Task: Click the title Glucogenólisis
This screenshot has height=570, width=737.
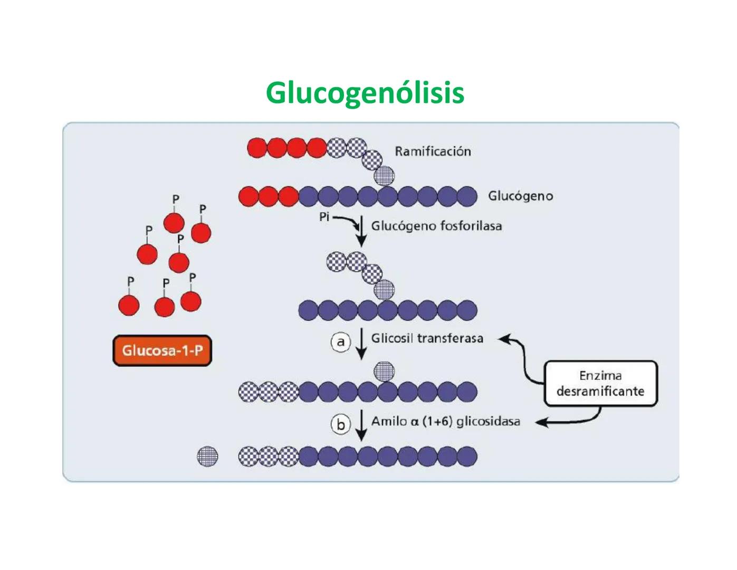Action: (365, 93)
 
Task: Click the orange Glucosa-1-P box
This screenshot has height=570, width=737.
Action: (162, 350)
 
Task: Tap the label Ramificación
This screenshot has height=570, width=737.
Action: (433, 151)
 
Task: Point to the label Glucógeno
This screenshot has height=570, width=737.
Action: (520, 196)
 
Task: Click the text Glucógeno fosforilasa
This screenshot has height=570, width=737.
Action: (436, 226)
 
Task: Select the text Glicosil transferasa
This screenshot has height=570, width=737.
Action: (427, 338)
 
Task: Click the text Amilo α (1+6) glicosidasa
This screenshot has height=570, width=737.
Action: (445, 421)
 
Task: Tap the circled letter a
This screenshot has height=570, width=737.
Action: (341, 343)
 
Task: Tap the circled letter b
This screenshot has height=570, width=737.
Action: (341, 424)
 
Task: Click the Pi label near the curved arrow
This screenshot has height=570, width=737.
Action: (324, 217)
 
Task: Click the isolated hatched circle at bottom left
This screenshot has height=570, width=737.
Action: (207, 456)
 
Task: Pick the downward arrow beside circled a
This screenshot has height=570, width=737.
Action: (361, 344)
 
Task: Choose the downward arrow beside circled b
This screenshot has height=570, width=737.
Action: (361, 425)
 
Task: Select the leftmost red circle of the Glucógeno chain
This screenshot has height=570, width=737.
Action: (248, 196)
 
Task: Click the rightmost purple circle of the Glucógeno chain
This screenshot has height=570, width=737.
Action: (466, 196)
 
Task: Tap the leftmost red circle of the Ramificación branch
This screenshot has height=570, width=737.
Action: (257, 148)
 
